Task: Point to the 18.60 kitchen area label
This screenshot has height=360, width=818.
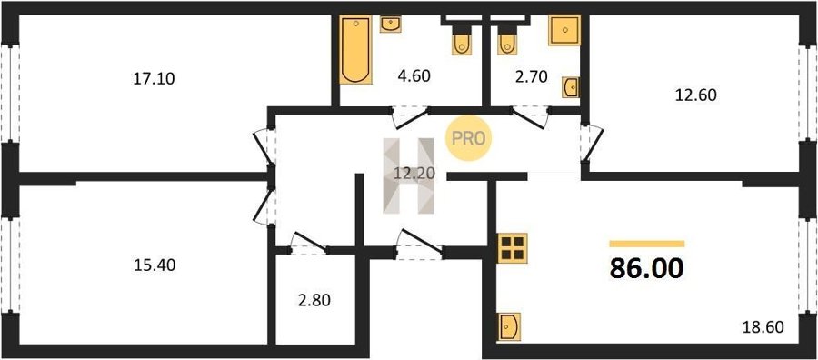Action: pos(763,327)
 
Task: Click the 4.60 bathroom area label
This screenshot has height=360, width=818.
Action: pos(414,76)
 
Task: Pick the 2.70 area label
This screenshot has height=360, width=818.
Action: pos(531,77)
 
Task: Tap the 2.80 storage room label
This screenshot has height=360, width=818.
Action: pos(314,301)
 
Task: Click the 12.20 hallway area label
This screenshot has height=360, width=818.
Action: pos(414,173)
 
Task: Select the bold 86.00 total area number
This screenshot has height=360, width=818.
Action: pos(646,269)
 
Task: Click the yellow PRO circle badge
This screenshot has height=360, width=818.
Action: pos(468,138)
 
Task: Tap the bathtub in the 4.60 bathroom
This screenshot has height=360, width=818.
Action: pos(355,50)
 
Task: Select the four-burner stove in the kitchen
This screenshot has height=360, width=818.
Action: pos(512,248)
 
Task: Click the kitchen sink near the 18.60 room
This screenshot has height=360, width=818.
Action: pos(508,327)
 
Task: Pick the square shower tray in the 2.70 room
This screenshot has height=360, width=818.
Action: pos(564,30)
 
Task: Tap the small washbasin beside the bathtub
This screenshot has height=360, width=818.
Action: pos(390,24)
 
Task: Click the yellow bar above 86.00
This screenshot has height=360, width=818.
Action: pos(647,244)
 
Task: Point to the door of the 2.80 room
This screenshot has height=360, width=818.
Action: pos(308,245)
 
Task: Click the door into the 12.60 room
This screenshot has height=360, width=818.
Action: pos(593,143)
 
